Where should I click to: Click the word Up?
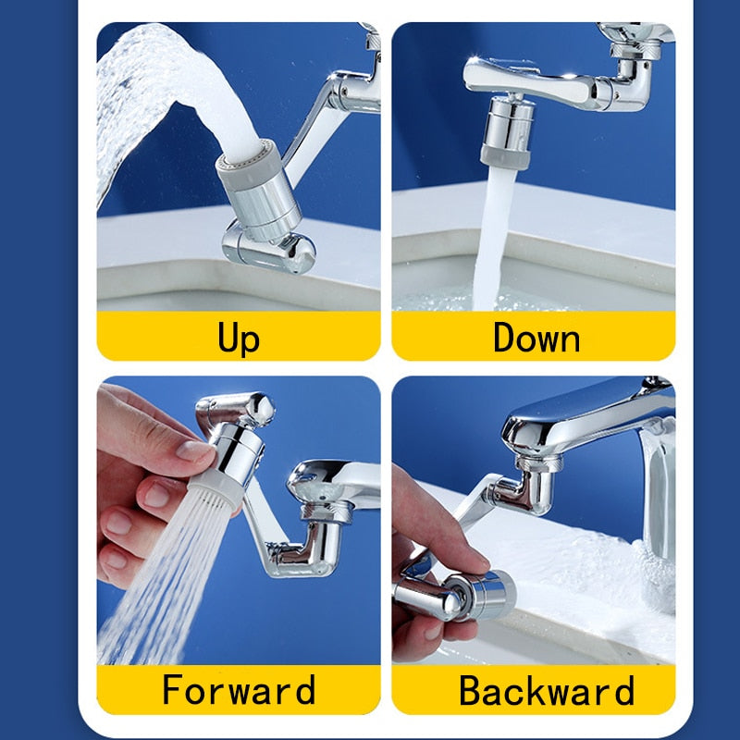click(x=239, y=337)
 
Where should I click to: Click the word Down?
click(x=536, y=337)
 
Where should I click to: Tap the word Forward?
click(x=239, y=690)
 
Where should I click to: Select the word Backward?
click(x=547, y=690)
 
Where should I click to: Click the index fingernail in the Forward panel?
click(x=195, y=451)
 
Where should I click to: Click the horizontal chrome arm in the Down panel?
click(x=532, y=79)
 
